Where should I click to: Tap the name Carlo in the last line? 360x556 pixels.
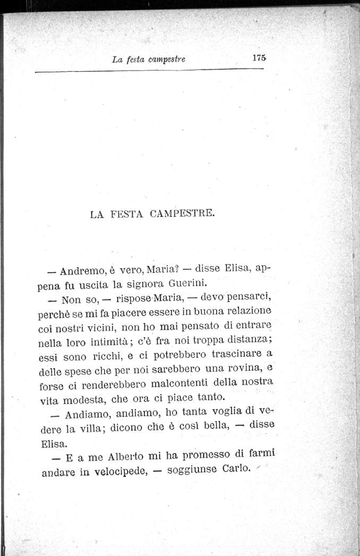pos(234,469)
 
